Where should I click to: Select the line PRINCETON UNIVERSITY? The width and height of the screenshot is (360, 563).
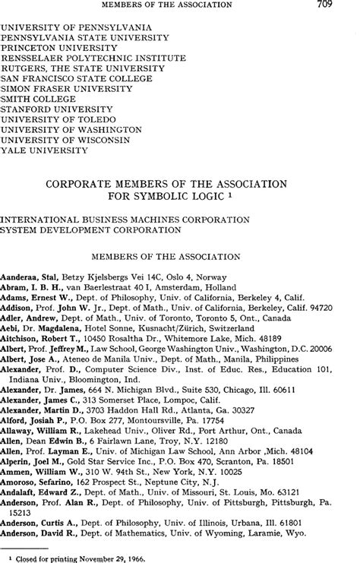(54, 46)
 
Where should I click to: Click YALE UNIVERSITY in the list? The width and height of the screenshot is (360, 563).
(45, 151)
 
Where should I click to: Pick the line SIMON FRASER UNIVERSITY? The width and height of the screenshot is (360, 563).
(62, 88)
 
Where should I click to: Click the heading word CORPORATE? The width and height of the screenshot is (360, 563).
(85, 184)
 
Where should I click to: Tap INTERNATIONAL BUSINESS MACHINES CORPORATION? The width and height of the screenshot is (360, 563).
(125, 219)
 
